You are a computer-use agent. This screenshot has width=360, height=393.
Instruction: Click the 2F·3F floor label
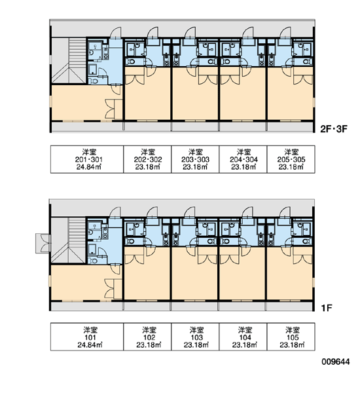[334, 129]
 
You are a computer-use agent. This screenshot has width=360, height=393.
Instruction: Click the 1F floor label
[327, 308]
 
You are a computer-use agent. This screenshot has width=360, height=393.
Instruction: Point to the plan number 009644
[336, 362]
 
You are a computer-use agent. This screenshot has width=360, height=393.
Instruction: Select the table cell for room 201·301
[87, 159]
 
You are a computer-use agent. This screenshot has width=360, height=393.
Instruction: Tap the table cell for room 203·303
[195, 159]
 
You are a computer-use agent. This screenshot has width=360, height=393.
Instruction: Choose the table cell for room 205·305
[291, 159]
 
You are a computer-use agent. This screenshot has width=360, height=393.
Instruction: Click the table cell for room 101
[87, 337]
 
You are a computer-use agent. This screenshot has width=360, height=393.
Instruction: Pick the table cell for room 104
[243, 337]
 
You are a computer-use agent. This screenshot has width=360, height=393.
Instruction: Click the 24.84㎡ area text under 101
[90, 345]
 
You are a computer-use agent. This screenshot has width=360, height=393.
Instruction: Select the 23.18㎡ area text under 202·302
[148, 167]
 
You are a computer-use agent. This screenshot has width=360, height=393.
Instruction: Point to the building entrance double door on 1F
[43, 243]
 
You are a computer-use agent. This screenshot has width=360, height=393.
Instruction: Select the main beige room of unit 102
[147, 276]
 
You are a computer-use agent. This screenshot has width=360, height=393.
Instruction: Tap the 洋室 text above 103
[196, 329]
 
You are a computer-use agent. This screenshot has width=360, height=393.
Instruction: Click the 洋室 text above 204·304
[243, 152]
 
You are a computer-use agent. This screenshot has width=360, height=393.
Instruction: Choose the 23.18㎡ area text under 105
[292, 345]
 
